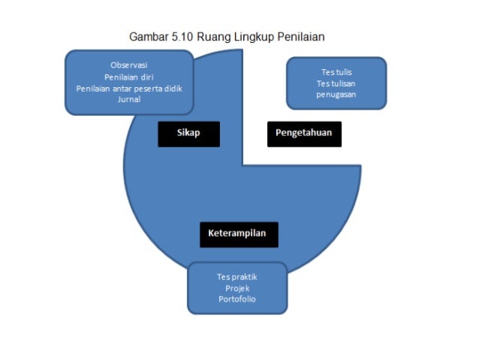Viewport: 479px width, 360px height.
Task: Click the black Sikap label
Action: coord(188,134)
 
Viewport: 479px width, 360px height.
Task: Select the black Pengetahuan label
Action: coord(304,134)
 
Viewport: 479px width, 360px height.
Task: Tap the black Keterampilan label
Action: coord(238,234)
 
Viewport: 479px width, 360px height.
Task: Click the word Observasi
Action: coord(129,65)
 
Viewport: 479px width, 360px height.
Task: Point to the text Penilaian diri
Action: coord(129,77)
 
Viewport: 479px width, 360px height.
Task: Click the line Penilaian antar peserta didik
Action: coord(129,88)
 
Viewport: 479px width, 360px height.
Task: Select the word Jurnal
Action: coord(129,99)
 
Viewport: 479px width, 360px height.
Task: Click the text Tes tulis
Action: coord(336,72)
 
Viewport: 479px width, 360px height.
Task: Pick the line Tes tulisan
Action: coord(336,83)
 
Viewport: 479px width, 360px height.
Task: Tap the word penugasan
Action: coord(336,95)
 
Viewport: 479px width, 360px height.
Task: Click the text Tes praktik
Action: coord(237,277)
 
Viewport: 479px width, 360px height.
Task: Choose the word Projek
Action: coord(237,288)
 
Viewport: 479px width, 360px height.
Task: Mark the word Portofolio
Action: coord(237,299)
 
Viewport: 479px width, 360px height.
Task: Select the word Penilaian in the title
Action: coord(298,36)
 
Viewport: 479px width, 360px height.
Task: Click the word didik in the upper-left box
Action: coord(173,88)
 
